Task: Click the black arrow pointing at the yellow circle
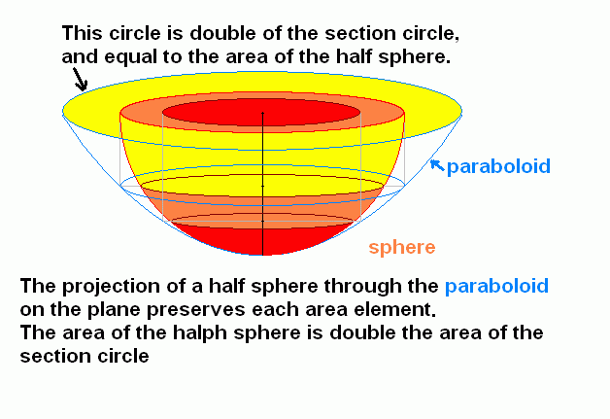[81, 80]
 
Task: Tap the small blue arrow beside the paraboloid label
[437, 165]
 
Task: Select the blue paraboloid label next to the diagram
[498, 166]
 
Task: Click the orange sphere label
[402, 248]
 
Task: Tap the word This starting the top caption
[83, 33]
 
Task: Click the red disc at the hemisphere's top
[261, 112]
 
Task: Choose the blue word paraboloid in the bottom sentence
[496, 286]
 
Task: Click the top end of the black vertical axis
[263, 113]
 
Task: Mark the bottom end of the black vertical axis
[263, 255]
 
